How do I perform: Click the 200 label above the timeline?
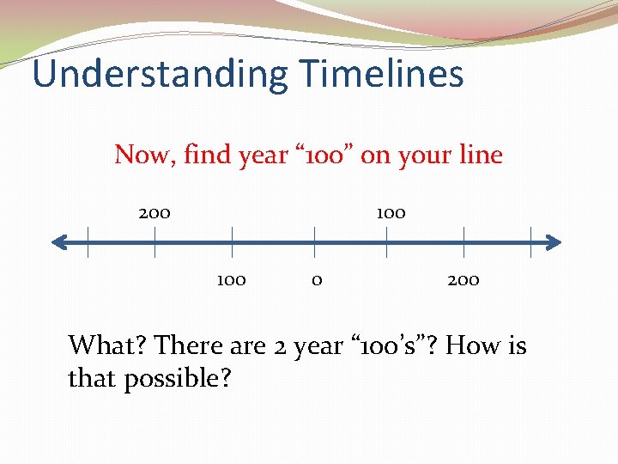pyautogui.click(x=154, y=212)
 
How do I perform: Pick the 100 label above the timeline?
pyautogui.click(x=391, y=212)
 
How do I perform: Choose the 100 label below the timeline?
pyautogui.click(x=231, y=279)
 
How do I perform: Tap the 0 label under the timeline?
pyautogui.click(x=317, y=279)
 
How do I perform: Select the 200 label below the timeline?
pyautogui.click(x=463, y=279)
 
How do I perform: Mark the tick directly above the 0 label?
pyautogui.click(x=314, y=242)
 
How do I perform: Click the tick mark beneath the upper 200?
pyautogui.click(x=154, y=242)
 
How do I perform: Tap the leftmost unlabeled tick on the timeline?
pyautogui.click(x=88, y=242)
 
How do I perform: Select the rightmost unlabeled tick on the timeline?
pyautogui.click(x=531, y=242)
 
